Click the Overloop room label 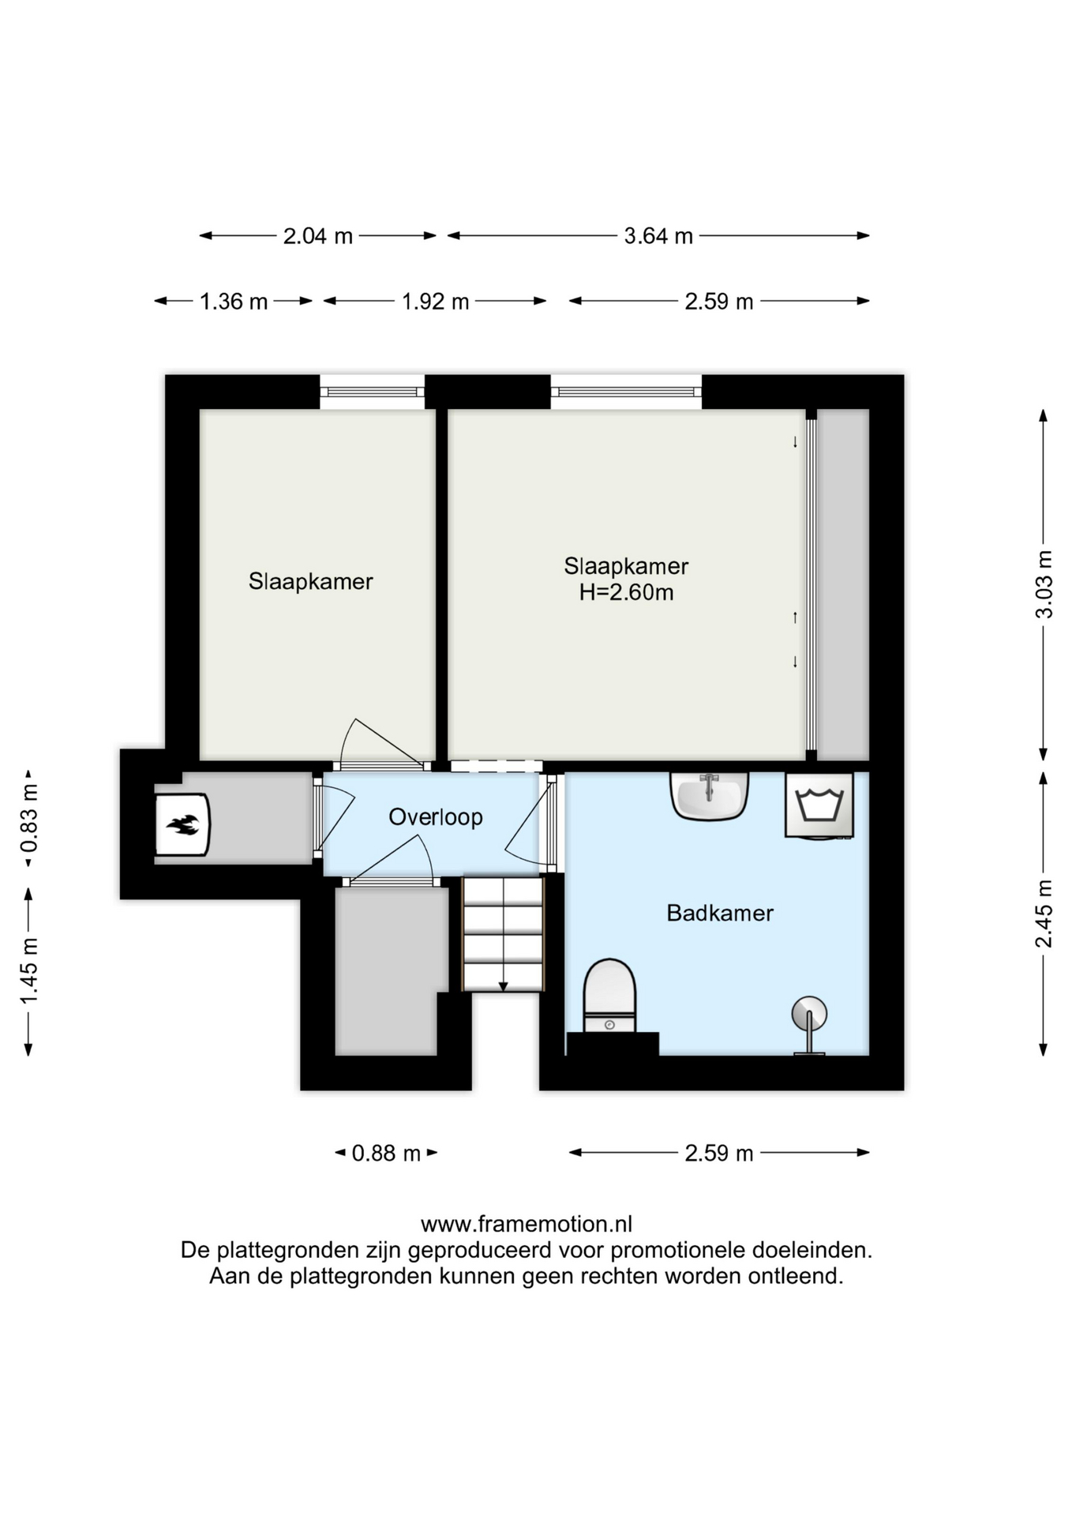point(435,816)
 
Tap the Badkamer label point(720,913)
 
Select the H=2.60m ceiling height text point(626,592)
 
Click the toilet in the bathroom point(609,996)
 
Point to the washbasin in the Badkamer point(709,796)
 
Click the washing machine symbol point(819,805)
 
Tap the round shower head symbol point(809,1014)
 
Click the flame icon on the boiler point(183,825)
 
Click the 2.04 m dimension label point(318,235)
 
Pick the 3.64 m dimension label point(658,235)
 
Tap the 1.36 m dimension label point(234,301)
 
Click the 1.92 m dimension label point(435,301)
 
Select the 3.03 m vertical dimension point(1044,584)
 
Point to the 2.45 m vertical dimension point(1044,914)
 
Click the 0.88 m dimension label point(386,1153)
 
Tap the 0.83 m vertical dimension point(28,818)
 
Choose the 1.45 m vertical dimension point(28,970)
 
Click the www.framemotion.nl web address point(527,1224)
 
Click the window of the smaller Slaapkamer point(372,392)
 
